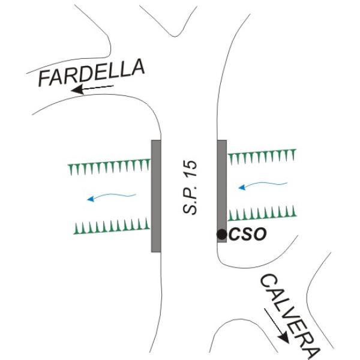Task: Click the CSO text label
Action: [x=247, y=235]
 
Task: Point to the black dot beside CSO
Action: [x=222, y=234]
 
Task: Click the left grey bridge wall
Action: [x=156, y=195]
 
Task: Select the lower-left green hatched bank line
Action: [x=112, y=226]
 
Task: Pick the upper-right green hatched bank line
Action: [x=262, y=157]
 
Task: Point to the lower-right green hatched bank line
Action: [x=262, y=214]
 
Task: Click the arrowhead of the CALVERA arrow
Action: [x=284, y=338]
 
